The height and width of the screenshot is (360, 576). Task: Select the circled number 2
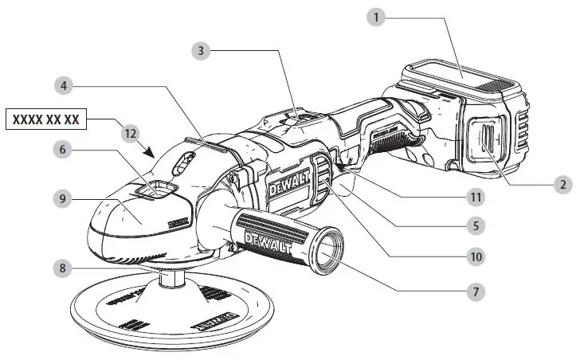(562, 183)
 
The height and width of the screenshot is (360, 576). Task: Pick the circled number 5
(475, 225)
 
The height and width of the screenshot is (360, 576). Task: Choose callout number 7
(475, 292)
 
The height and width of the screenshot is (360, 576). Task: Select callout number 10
(475, 258)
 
